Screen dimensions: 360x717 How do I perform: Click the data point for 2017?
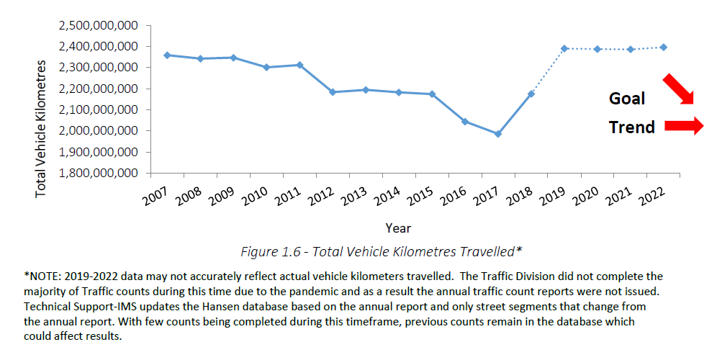coord(497,134)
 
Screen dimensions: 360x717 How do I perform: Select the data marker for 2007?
coord(167,55)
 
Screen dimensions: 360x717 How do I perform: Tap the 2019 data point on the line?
coord(564,48)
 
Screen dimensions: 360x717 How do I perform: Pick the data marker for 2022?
coord(664,48)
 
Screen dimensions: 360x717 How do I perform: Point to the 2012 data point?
coord(333,92)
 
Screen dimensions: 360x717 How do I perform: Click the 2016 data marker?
coord(465,122)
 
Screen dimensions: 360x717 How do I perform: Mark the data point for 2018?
coord(531,94)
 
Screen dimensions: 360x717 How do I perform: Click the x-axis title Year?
coord(398,228)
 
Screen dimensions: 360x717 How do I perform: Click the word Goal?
coord(627,99)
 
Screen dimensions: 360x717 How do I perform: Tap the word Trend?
coord(631,127)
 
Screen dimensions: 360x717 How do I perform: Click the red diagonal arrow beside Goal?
coord(678,89)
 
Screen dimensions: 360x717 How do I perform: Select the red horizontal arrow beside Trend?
coord(683,126)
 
